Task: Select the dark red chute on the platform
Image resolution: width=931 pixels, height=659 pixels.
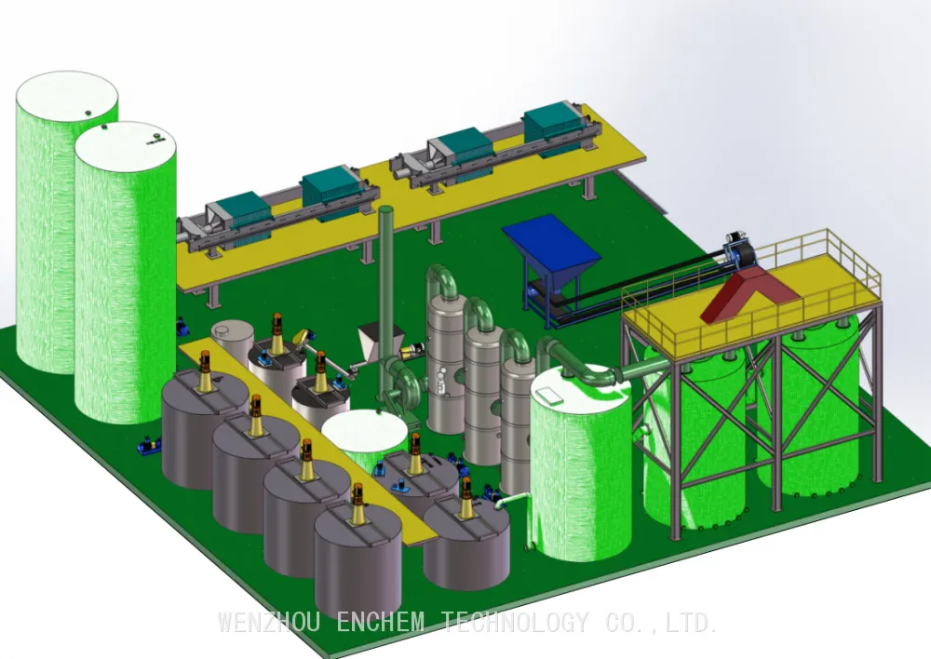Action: [x=750, y=293]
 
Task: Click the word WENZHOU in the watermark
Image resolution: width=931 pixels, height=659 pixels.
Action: [x=269, y=623]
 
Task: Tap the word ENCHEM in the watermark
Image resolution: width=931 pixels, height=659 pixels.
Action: [x=381, y=623]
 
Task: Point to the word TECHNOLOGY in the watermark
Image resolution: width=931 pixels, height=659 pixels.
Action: [x=516, y=623]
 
